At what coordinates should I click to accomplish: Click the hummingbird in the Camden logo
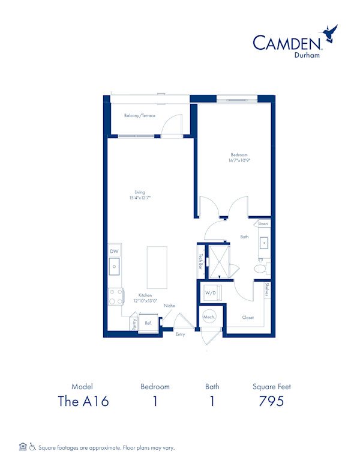coord(329,33)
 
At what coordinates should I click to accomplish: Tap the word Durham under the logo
coord(307,55)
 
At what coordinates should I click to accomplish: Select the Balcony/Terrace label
coord(140,116)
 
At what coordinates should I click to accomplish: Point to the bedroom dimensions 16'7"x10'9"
coord(239,160)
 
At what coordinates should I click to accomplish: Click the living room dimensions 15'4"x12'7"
coord(140,198)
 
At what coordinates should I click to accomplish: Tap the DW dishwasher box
coord(114,251)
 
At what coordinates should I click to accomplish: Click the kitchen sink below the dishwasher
coord(114,266)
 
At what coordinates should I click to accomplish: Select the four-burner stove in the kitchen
coord(116,296)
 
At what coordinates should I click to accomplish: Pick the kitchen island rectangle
coord(157,267)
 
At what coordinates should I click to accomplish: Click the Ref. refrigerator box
coord(148,323)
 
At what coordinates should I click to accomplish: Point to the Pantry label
coord(134,324)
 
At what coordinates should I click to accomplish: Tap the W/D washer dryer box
coord(211,292)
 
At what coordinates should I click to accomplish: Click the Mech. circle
coord(209,317)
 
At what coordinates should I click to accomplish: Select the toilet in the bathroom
coord(262,268)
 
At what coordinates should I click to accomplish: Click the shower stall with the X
coord(219,262)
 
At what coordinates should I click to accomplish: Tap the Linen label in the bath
coord(263,223)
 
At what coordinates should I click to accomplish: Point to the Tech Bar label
coord(201,261)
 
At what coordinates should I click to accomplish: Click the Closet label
coord(248,318)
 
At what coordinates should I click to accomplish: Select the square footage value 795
coord(271,401)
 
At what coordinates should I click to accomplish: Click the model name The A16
coord(83,401)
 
